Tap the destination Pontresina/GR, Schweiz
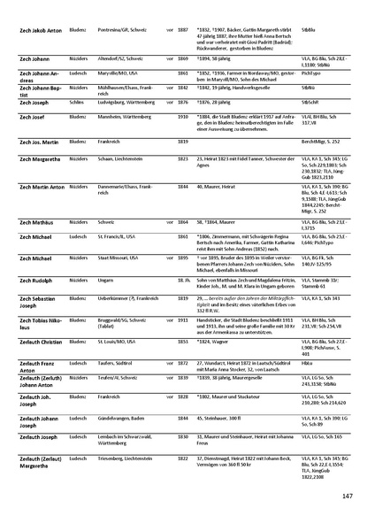click(x=127, y=27)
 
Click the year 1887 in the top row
click(x=183, y=27)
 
